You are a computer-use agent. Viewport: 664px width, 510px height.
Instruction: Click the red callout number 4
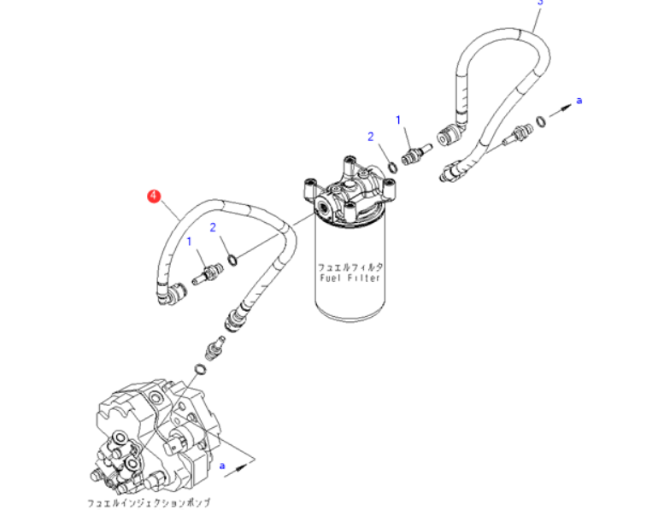click(x=153, y=196)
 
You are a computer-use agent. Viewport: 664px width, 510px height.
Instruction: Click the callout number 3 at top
click(x=539, y=3)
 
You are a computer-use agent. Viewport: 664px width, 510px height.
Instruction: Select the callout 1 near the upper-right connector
click(x=398, y=120)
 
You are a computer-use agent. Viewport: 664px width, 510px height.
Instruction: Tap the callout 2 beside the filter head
click(x=371, y=137)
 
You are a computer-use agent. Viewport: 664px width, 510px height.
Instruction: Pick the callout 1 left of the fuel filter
click(x=190, y=243)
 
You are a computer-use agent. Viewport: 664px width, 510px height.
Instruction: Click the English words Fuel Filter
click(x=350, y=278)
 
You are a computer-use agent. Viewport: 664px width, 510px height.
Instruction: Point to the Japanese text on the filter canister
click(x=350, y=266)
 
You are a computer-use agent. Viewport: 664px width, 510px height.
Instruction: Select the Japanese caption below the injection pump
click(x=149, y=501)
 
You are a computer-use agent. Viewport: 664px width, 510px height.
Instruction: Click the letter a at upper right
click(x=579, y=101)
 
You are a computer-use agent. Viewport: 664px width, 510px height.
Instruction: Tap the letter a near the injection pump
click(x=222, y=466)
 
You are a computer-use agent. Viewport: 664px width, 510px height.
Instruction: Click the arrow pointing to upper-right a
click(x=561, y=108)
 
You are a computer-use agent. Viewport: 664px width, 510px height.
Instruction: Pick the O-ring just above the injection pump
click(x=199, y=369)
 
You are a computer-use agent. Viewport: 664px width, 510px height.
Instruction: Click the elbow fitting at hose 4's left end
click(x=167, y=294)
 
